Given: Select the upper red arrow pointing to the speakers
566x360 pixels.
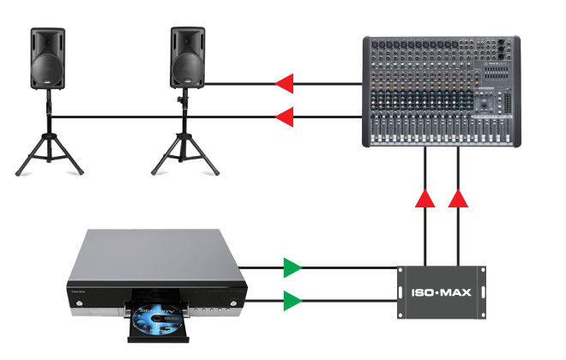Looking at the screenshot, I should [284, 83].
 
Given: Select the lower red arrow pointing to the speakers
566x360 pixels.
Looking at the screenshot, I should [284, 116].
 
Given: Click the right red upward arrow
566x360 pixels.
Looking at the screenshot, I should [458, 199].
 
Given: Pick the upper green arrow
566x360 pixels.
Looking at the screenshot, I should [293, 267].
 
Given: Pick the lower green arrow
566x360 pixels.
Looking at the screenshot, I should [293, 301].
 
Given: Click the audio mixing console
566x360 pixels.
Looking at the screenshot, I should [441, 90].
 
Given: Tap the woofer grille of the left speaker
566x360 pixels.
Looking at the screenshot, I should [48, 67].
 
